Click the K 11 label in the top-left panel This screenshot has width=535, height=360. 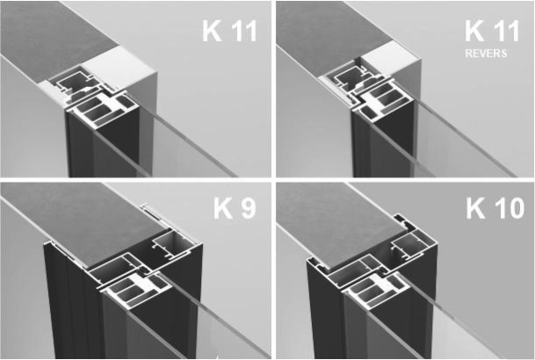point(229,31)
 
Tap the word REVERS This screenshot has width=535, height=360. point(486,54)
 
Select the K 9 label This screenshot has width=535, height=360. point(235,208)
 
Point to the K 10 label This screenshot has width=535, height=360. point(495,208)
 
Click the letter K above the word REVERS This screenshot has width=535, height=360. point(474,31)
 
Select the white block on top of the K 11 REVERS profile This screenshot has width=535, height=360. point(391,61)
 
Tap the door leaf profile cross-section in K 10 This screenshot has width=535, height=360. point(375,290)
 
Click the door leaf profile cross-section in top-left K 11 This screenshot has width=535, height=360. point(103,111)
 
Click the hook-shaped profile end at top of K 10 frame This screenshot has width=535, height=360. point(403,221)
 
